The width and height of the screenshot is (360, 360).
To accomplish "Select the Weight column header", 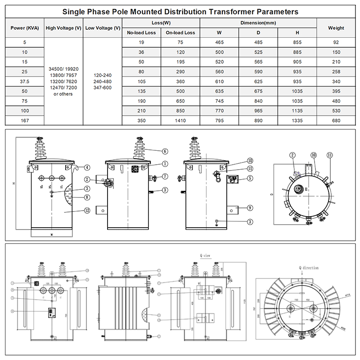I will coord(336,27).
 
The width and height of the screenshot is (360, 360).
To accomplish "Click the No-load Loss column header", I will coord(141,32).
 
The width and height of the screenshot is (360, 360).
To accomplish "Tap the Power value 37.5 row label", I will coord(25,82).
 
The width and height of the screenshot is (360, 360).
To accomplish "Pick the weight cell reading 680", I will coord(336,121).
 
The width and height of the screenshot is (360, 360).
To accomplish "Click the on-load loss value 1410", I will coord(180,121).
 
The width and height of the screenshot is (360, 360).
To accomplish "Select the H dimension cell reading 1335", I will coord(297,121).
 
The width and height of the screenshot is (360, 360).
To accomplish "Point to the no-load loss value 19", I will coord(141,42).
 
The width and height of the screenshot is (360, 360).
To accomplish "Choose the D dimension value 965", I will coord(259,111).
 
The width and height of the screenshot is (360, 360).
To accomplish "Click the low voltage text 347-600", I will coord(103,88).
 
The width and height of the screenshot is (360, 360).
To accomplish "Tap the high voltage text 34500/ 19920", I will coord(63,69).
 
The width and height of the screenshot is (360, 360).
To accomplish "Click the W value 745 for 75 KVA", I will coord(220,101).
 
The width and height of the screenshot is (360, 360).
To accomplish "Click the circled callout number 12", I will coord(86,210).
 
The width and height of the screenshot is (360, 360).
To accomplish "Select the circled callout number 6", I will coord(165,151).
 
